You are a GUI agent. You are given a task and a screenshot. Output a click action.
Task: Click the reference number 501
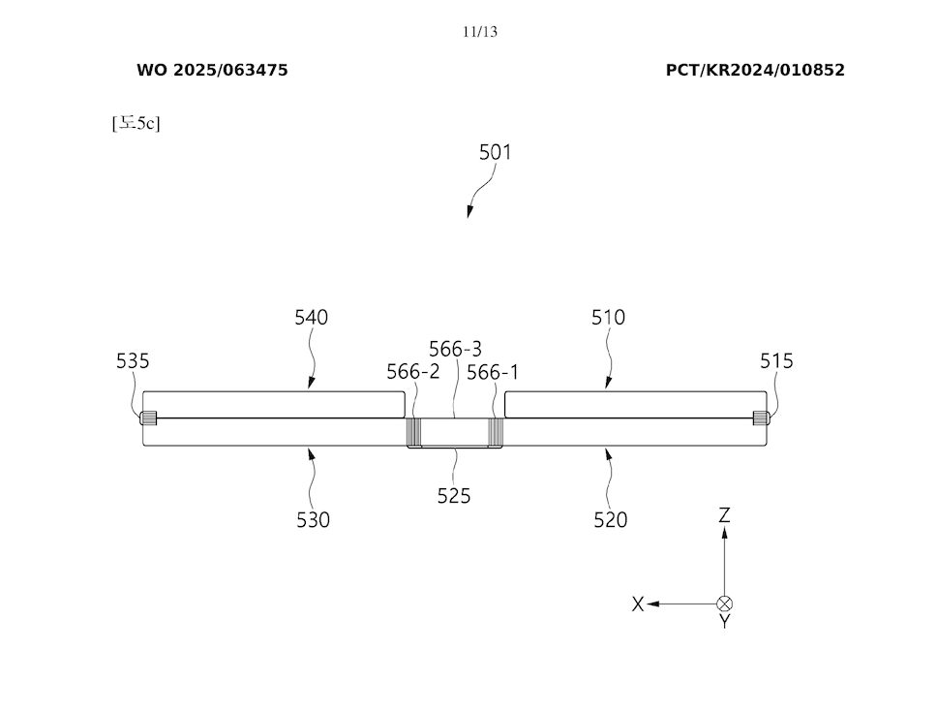pos(495,152)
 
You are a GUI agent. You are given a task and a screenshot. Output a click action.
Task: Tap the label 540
pos(312,317)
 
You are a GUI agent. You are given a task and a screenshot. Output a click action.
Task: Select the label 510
pos(608,317)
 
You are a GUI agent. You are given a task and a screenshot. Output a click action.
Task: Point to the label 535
pos(133,361)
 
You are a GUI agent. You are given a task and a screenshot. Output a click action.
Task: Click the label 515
pos(776,361)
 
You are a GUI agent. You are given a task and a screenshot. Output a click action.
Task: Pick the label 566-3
pos(455,349)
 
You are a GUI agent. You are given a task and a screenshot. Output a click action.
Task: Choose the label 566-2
pos(413,372)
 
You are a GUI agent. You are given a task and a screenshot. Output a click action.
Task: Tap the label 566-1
pos(493,372)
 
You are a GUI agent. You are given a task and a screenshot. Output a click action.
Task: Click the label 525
pos(454,496)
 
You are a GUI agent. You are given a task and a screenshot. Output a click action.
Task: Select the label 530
pos(313,520)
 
